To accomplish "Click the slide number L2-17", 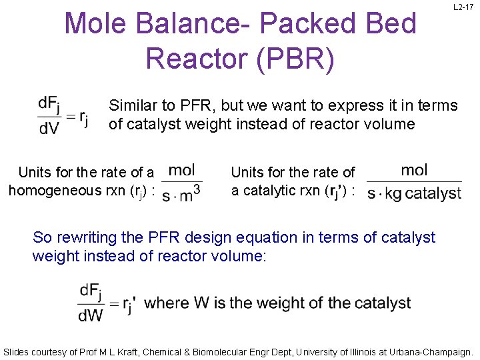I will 463,7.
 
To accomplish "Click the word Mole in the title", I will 99,24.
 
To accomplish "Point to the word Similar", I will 133,105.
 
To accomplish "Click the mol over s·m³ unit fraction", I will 181,182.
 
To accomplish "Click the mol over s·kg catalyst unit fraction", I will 414,182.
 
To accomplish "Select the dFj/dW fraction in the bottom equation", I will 91,303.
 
